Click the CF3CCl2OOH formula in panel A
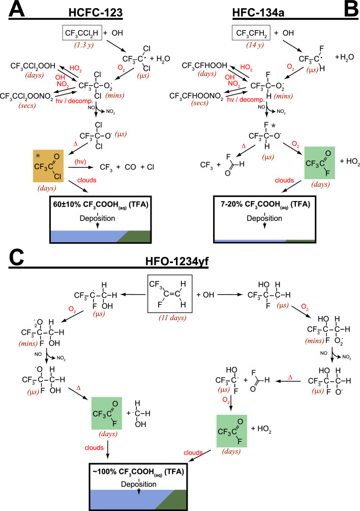(32, 67)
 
